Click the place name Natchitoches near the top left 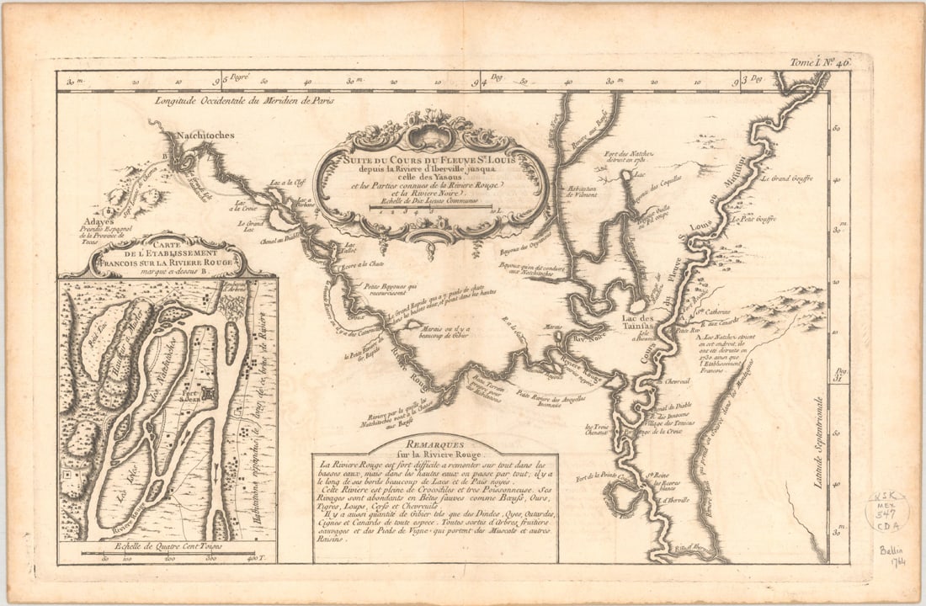click(205, 135)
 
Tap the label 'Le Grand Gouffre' click(787, 178)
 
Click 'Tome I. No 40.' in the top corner click(821, 62)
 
